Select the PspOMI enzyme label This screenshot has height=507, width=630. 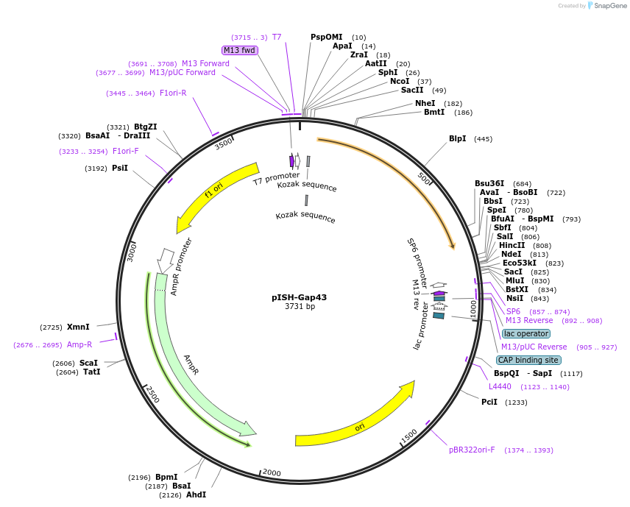click(x=327, y=37)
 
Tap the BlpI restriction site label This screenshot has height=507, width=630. click(x=457, y=138)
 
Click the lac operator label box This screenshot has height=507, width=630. click(x=526, y=333)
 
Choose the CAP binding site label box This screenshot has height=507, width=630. click(x=528, y=360)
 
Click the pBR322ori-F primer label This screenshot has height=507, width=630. click(x=472, y=450)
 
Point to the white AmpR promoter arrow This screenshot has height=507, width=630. click(x=166, y=259)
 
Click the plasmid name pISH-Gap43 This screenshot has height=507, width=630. click(x=299, y=297)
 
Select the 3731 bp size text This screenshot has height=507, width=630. click(x=300, y=306)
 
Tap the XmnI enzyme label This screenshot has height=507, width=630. click(x=78, y=327)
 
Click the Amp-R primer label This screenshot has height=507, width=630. click(x=79, y=344)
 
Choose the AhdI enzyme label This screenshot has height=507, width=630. click(x=196, y=494)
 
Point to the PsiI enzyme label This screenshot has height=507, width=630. click(x=120, y=168)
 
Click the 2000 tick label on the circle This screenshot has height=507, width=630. click(x=272, y=472)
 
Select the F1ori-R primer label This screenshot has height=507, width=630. click(x=173, y=93)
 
